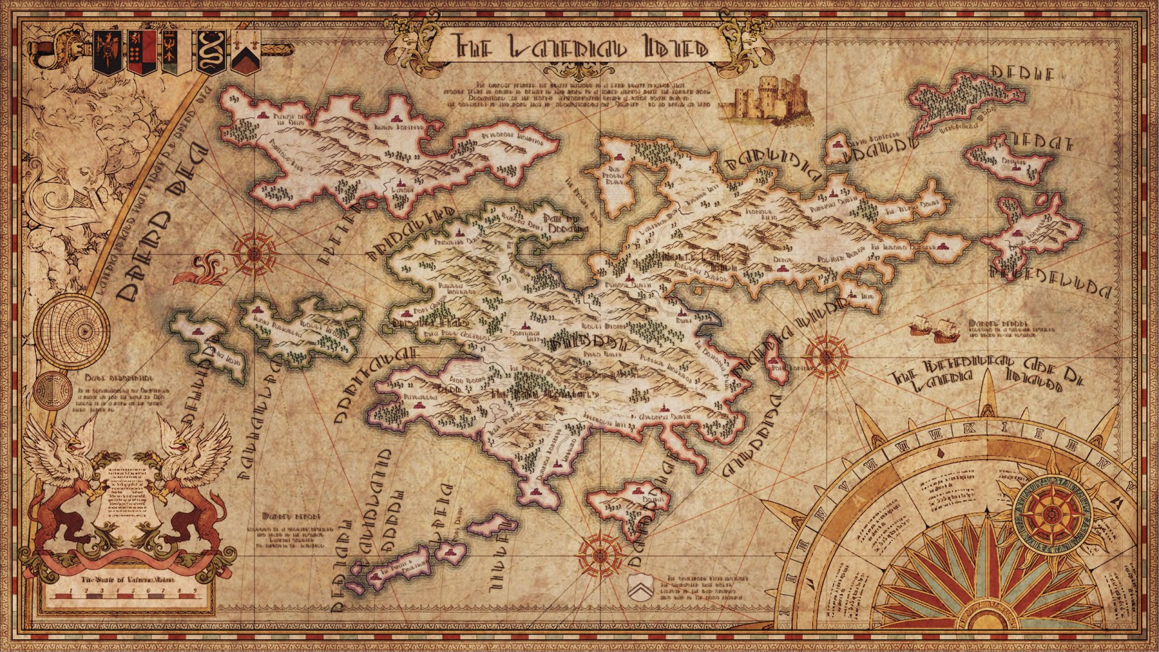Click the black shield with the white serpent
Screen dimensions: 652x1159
[x=211, y=52]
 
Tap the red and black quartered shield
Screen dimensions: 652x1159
[x=141, y=52]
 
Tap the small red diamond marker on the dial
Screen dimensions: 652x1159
[x=940, y=452]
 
